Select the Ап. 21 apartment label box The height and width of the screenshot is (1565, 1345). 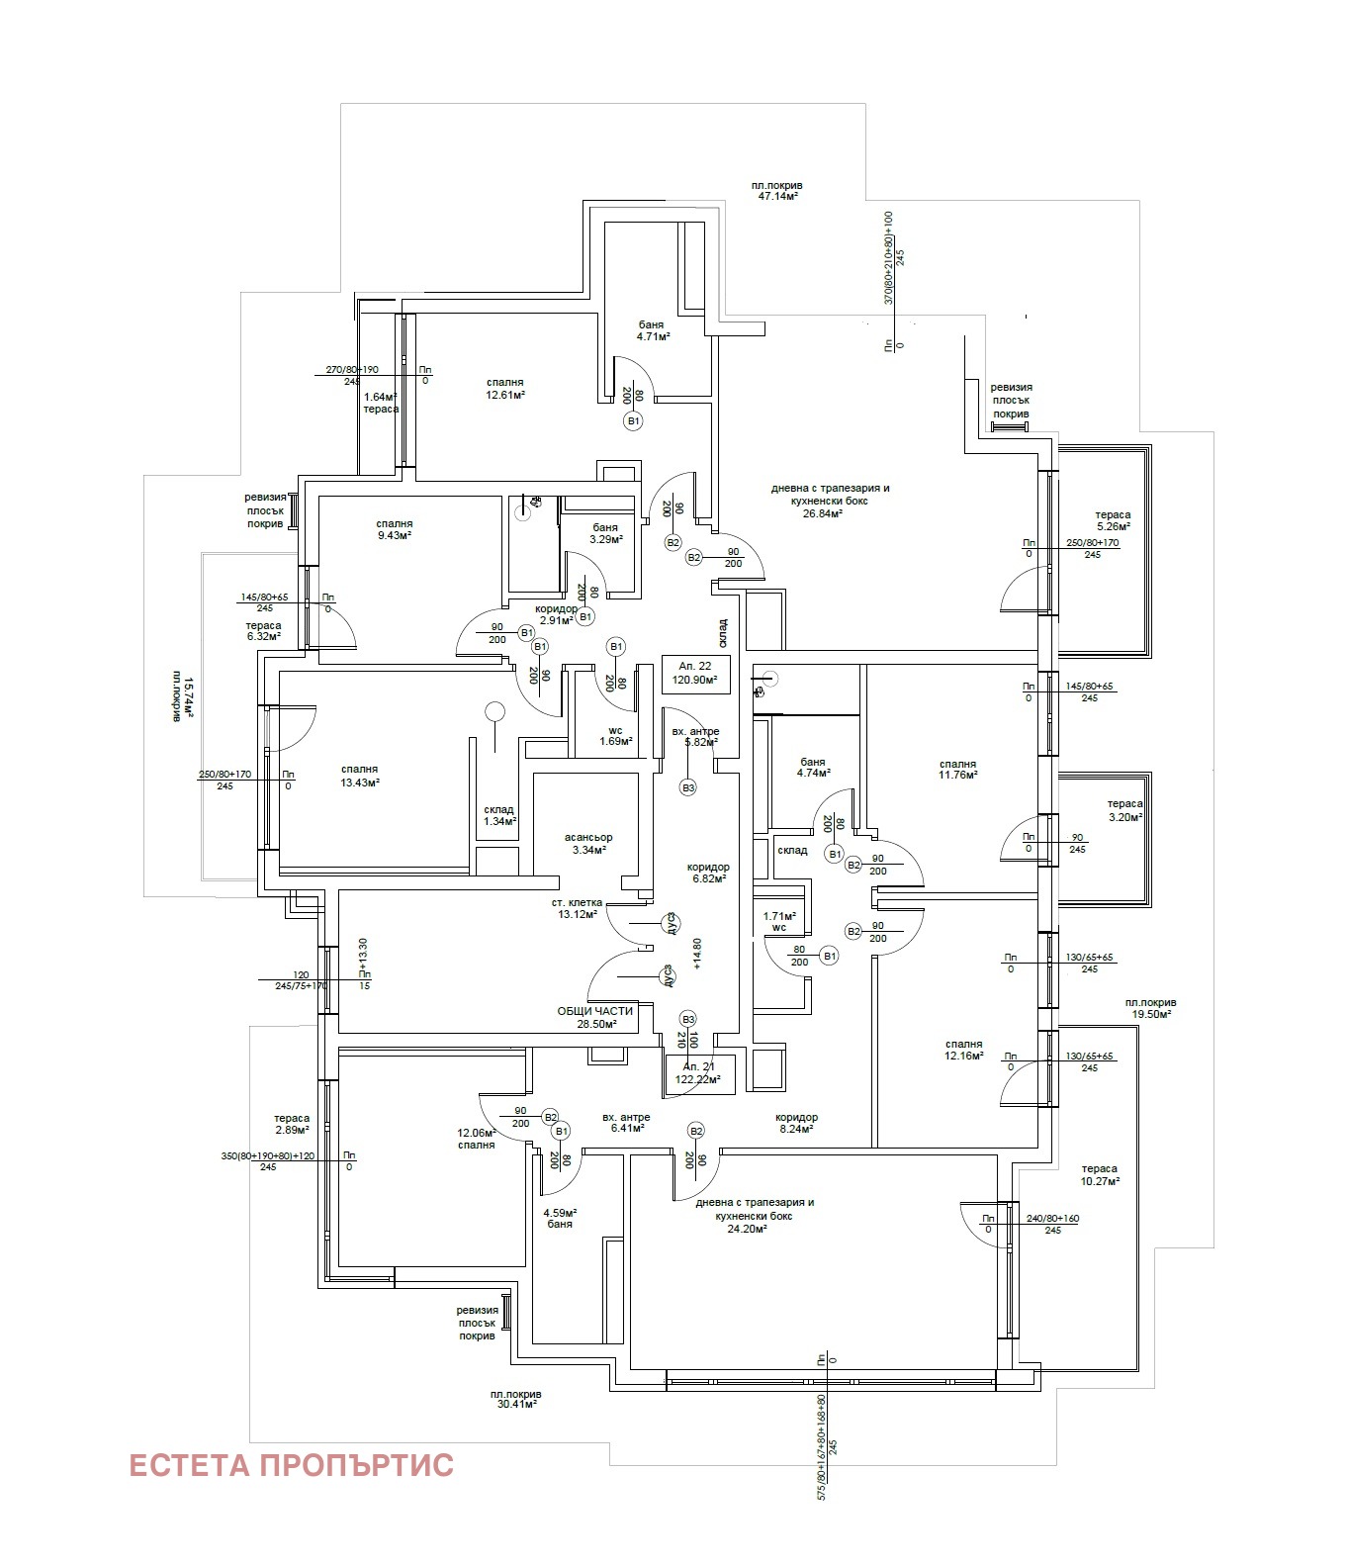[699, 1073]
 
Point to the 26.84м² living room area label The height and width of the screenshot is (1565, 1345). [830, 501]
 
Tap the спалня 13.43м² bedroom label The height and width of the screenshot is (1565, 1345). [360, 776]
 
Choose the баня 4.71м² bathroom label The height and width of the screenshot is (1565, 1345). [653, 330]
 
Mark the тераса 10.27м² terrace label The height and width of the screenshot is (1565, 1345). [1100, 1174]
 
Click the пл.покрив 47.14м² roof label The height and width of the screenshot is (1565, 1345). [777, 190]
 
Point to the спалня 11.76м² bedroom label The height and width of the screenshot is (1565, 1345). [958, 769]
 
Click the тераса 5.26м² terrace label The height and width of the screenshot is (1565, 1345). [1113, 520]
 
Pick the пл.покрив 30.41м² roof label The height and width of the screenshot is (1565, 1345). [515, 1400]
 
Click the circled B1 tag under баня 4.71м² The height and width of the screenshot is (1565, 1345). [633, 421]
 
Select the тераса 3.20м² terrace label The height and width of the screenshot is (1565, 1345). [1124, 810]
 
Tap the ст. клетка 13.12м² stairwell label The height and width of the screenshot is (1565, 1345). [578, 908]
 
